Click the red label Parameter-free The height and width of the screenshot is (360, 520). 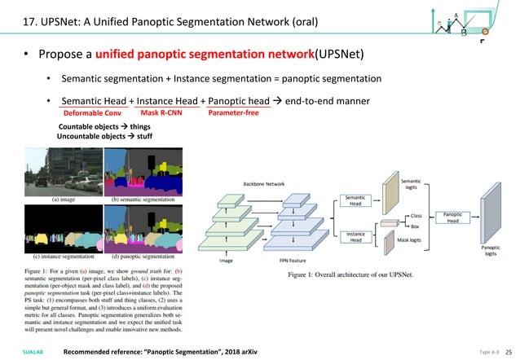tap(234, 113)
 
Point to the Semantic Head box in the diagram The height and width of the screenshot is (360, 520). tap(355, 200)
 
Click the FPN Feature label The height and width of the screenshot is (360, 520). tap(292, 261)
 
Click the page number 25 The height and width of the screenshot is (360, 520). tap(508, 351)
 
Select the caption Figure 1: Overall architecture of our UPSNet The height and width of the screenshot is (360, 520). tap(350, 274)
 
